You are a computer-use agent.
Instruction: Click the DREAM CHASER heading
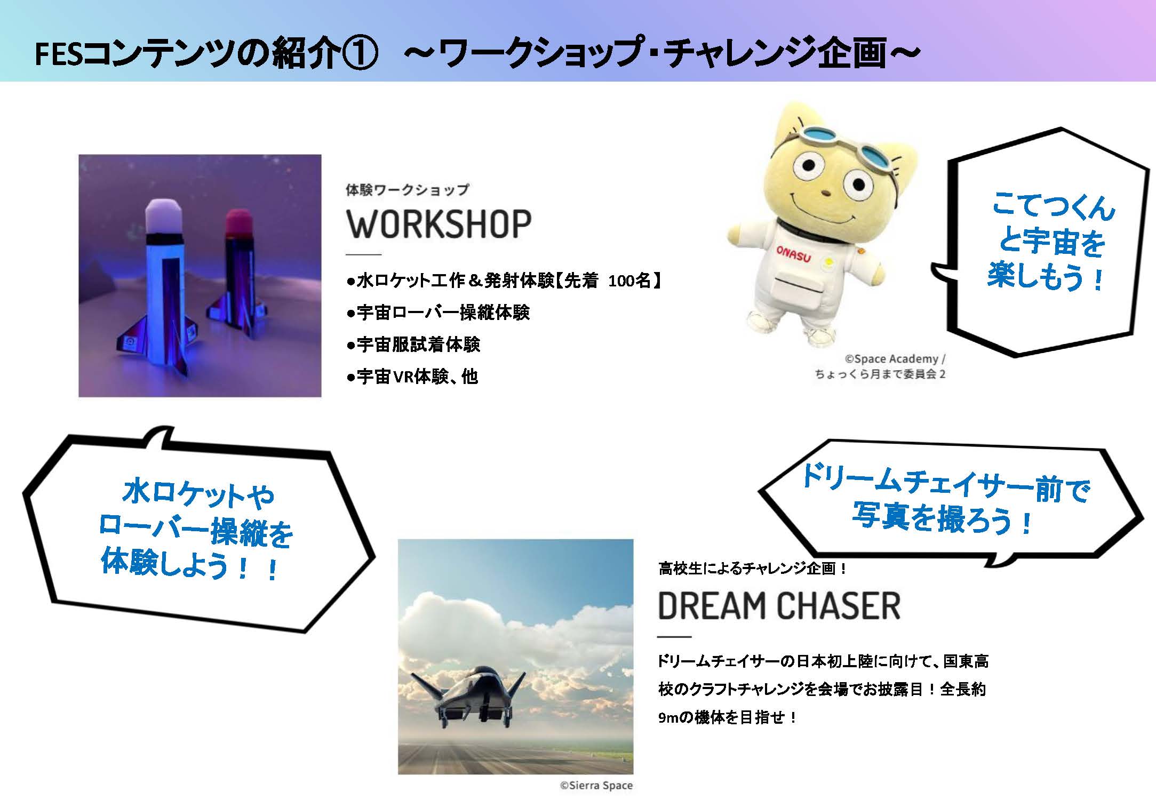(x=779, y=606)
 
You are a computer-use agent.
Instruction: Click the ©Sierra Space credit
(x=596, y=785)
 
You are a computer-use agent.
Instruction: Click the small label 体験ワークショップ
(x=407, y=190)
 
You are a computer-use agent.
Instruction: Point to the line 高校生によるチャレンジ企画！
(x=753, y=569)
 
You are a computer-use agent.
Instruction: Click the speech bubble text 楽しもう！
(x=1046, y=277)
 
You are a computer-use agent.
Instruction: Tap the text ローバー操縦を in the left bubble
(x=196, y=531)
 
